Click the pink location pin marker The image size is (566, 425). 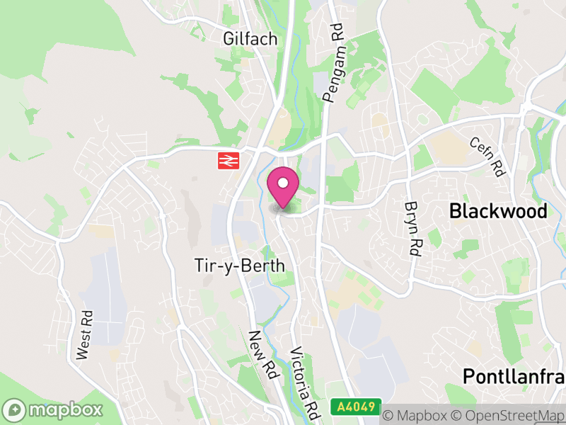(283, 187)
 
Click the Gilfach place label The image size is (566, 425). (250, 38)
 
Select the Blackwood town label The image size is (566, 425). (498, 211)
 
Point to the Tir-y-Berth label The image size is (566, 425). (239, 266)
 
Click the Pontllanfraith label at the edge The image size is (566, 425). (514, 376)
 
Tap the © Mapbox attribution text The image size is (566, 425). (422, 414)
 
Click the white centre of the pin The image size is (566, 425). (283, 183)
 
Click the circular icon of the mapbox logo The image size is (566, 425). (15, 410)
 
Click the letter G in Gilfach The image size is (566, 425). (228, 38)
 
